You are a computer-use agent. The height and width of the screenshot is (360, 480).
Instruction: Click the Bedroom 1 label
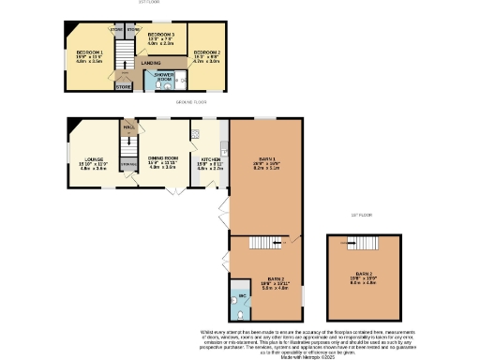click(88, 52)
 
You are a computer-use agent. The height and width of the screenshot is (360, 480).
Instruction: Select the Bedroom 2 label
click(206, 52)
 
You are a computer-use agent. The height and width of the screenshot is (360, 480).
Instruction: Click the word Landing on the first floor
click(150, 63)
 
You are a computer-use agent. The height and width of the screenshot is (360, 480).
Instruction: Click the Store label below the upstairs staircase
click(123, 87)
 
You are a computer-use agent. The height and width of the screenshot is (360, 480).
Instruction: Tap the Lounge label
click(93, 161)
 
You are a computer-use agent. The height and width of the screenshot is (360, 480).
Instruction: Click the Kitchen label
click(210, 160)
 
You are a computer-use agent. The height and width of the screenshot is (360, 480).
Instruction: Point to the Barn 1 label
click(267, 160)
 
